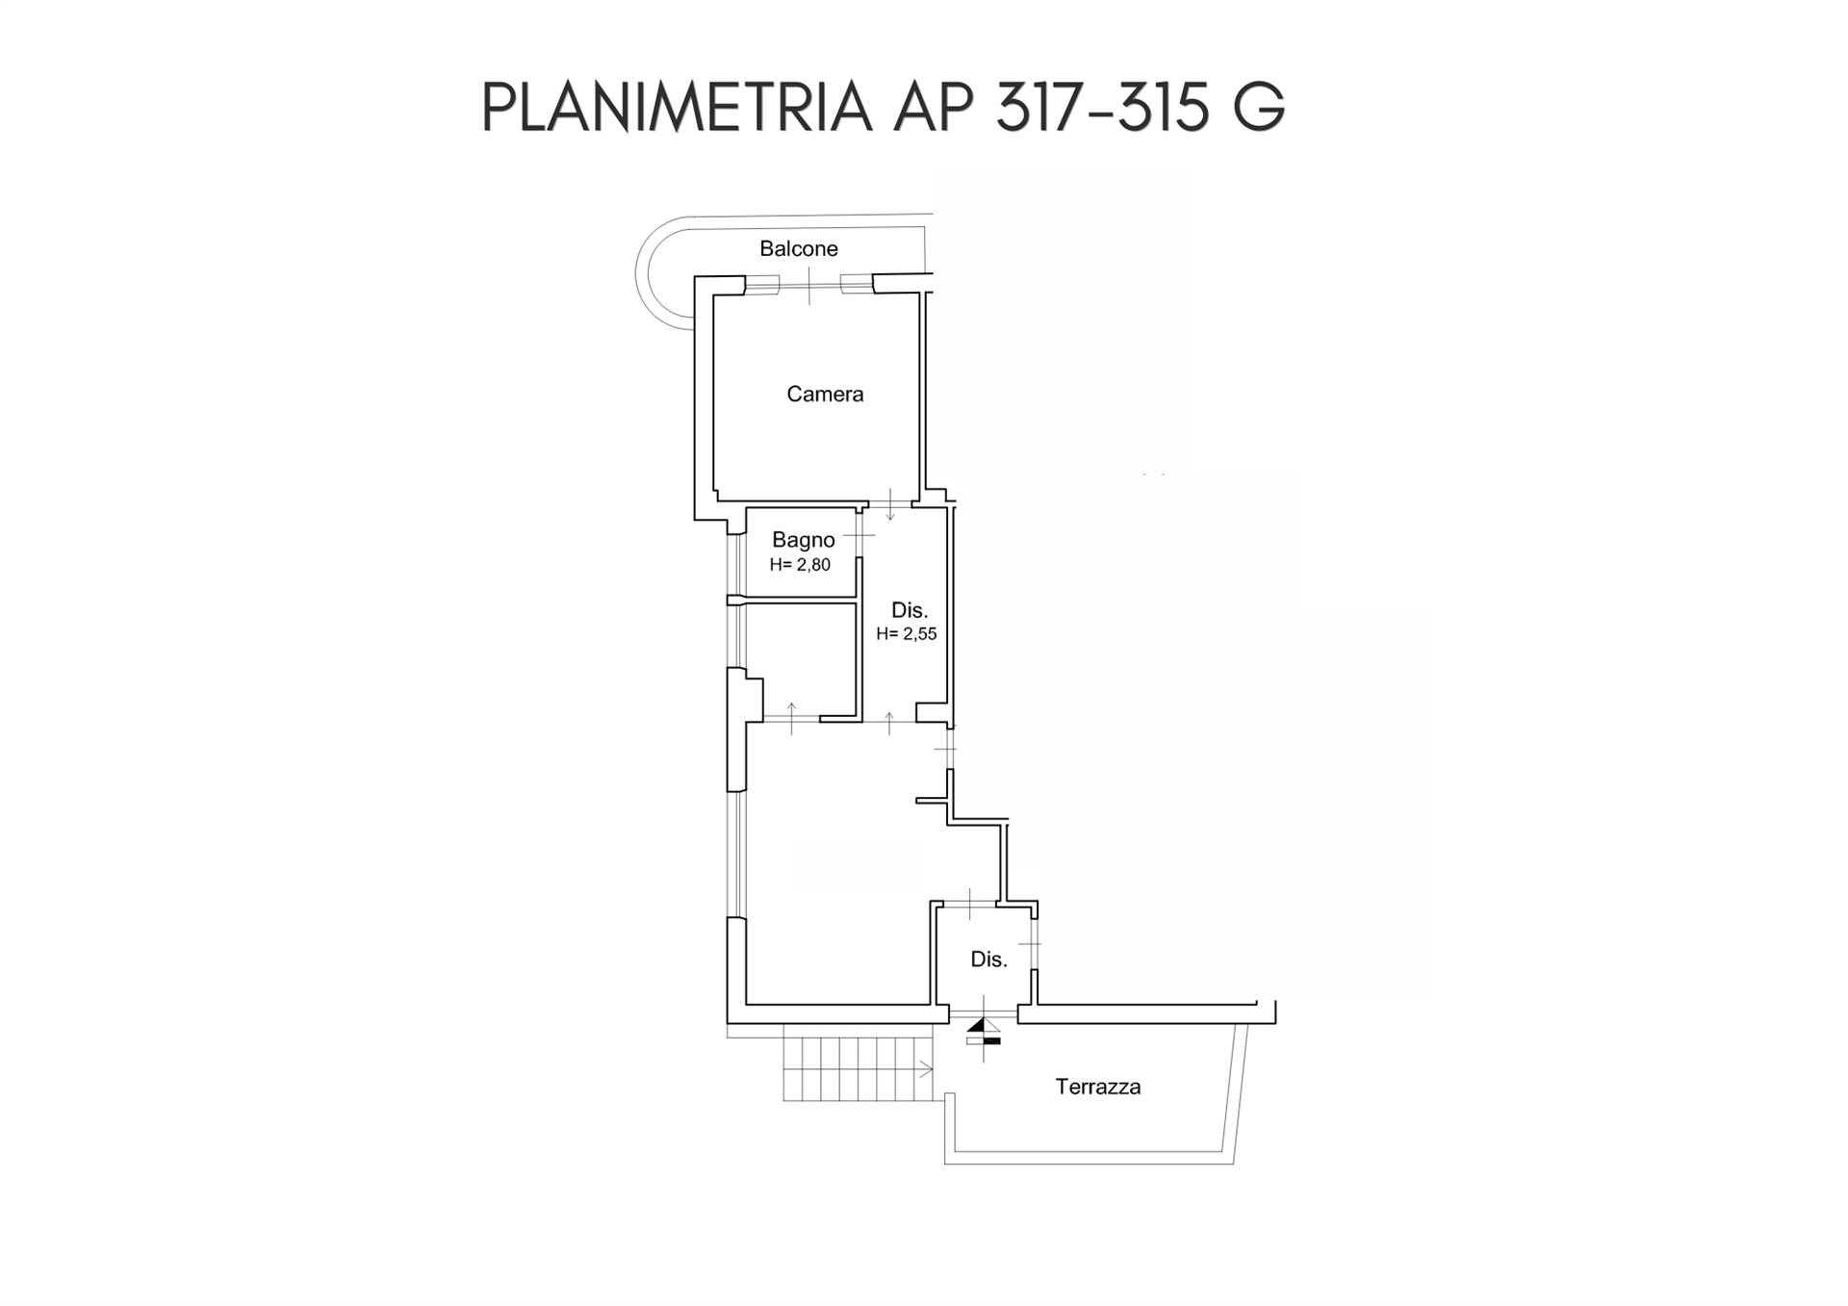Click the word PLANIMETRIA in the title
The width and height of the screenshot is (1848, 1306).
tap(677, 108)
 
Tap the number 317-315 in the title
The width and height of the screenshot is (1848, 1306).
tap(1102, 108)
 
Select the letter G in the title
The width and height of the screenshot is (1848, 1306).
tap(1257, 108)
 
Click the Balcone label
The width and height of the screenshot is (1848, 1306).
tap(798, 248)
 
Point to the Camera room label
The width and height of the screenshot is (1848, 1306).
tap(825, 394)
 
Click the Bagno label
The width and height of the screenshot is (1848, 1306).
tap(803, 540)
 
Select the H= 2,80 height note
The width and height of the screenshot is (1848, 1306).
tap(800, 565)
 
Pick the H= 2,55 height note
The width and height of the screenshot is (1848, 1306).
tap(906, 633)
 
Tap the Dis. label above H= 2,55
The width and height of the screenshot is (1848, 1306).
tap(909, 610)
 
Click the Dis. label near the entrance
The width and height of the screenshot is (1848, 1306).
tap(988, 960)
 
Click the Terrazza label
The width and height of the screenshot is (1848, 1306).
tap(1097, 1087)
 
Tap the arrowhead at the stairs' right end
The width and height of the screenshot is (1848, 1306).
tap(927, 1069)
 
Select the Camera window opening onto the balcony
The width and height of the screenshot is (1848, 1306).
tap(809, 285)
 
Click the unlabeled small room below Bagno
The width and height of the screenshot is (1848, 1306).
tap(801, 659)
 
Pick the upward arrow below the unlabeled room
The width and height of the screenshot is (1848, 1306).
tap(791, 717)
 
